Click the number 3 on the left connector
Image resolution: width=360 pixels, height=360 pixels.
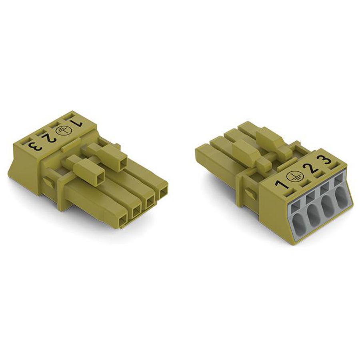click(35, 147)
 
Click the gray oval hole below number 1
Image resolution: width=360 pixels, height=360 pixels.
click(298, 221)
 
